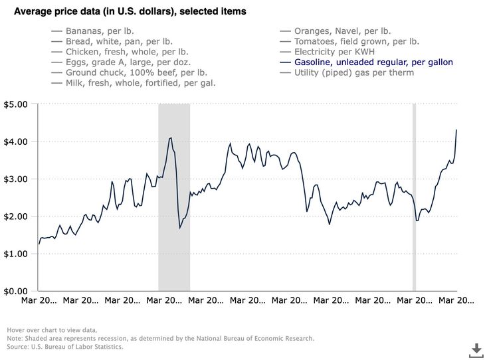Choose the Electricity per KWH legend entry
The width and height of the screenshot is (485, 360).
click(x=341, y=52)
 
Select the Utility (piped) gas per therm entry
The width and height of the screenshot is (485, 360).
click(x=354, y=72)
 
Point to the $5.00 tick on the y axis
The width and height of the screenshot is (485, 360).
click(x=15, y=104)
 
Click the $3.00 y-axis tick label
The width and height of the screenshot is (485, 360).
click(x=15, y=179)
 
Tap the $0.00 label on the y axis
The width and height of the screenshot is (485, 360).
click(x=15, y=291)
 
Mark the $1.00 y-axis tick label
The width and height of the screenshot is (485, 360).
click(x=15, y=254)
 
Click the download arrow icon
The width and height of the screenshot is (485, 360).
click(x=476, y=349)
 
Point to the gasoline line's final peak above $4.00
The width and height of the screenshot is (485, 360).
click(x=456, y=130)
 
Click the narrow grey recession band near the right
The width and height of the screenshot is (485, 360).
click(x=415, y=197)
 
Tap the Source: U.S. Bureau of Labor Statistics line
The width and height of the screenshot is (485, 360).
click(x=65, y=347)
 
